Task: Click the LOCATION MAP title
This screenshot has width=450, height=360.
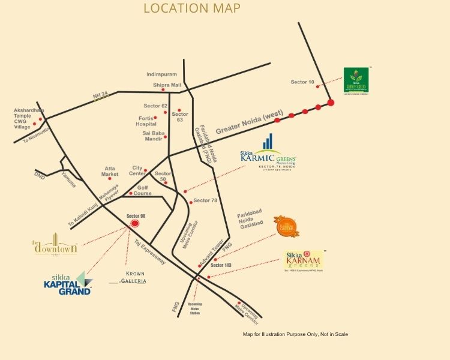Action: click(191, 8)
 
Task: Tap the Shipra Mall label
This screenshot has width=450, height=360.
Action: click(167, 85)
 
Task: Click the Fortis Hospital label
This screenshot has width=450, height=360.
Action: click(146, 120)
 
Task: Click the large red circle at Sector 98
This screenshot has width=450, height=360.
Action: click(134, 224)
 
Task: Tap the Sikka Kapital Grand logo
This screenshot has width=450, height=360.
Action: click(67, 283)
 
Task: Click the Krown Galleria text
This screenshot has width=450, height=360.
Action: click(135, 277)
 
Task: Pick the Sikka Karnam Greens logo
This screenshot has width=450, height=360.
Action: click(304, 260)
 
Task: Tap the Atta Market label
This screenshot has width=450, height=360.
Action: click(110, 171)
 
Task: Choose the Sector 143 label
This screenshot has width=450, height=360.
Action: click(221, 265)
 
